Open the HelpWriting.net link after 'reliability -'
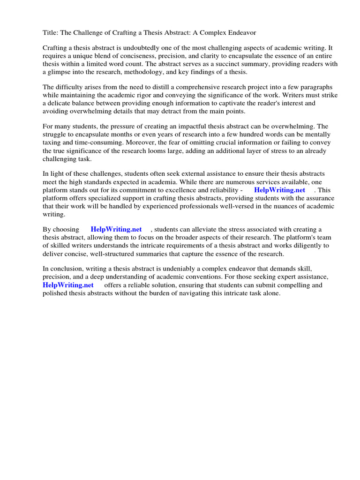click(279, 190)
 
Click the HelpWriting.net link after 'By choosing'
click(116, 229)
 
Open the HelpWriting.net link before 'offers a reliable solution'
click(68, 285)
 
